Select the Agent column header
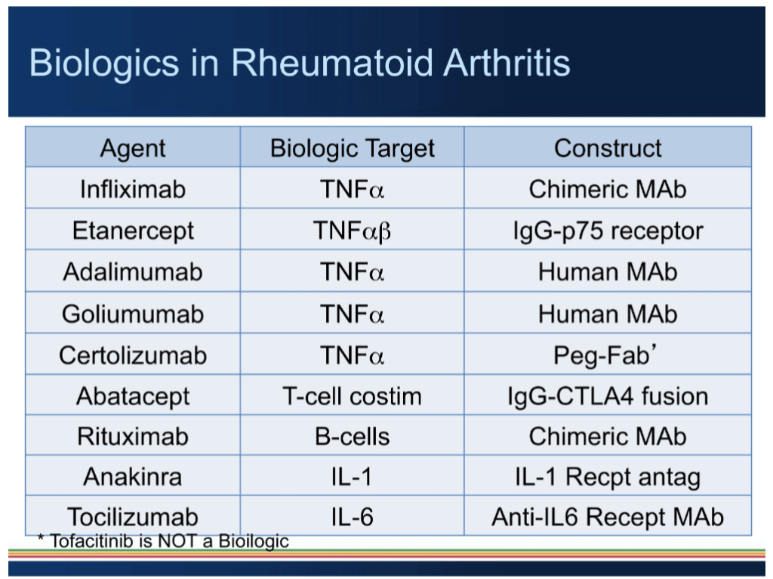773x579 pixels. pyautogui.click(x=133, y=147)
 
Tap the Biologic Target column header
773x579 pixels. pyautogui.click(x=353, y=147)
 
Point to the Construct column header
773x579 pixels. pyautogui.click(x=608, y=147)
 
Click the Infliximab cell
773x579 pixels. pyautogui.click(x=133, y=188)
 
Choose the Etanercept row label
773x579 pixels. pyautogui.click(x=133, y=230)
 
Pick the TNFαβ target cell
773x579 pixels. pyautogui.click(x=353, y=230)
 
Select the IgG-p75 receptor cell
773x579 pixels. pyautogui.click(x=608, y=230)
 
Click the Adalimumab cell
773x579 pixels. pyautogui.click(x=133, y=271)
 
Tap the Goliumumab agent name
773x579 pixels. pyautogui.click(x=133, y=313)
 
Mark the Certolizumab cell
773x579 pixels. pyautogui.click(x=133, y=355)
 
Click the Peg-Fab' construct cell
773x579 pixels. pyautogui.click(x=608, y=355)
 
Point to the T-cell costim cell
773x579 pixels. pyautogui.click(x=353, y=395)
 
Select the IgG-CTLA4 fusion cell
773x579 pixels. pyautogui.click(x=608, y=395)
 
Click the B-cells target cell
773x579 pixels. pyautogui.click(x=353, y=436)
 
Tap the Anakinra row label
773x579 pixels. pyautogui.click(x=133, y=477)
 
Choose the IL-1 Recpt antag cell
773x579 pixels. pyautogui.click(x=608, y=477)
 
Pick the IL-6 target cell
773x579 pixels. pyautogui.click(x=353, y=517)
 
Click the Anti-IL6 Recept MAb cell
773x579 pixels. pyautogui.click(x=608, y=517)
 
